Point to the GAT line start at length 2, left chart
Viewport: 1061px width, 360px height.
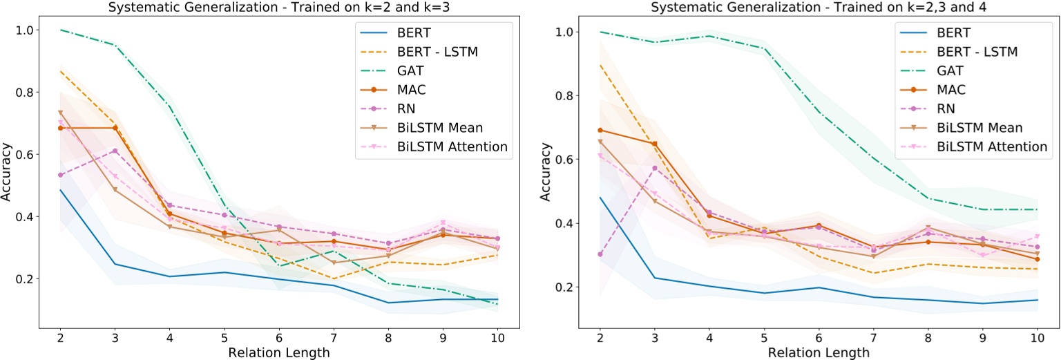pyautogui.click(x=60, y=30)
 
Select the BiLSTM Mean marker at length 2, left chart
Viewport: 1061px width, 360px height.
pyautogui.click(x=60, y=113)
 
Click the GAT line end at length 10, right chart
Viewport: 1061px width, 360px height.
pyautogui.click(x=1036, y=209)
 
